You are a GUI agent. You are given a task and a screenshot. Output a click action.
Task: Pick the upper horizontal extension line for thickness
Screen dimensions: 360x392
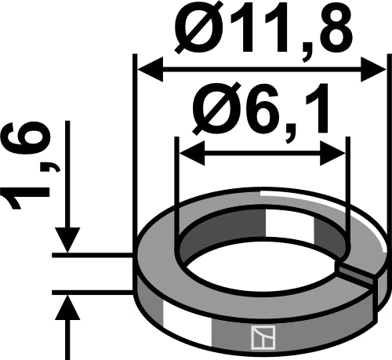(94, 255)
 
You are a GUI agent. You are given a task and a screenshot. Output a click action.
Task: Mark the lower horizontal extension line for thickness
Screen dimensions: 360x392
(94, 291)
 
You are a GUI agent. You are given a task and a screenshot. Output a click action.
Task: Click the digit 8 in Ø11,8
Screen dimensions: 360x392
(339, 29)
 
